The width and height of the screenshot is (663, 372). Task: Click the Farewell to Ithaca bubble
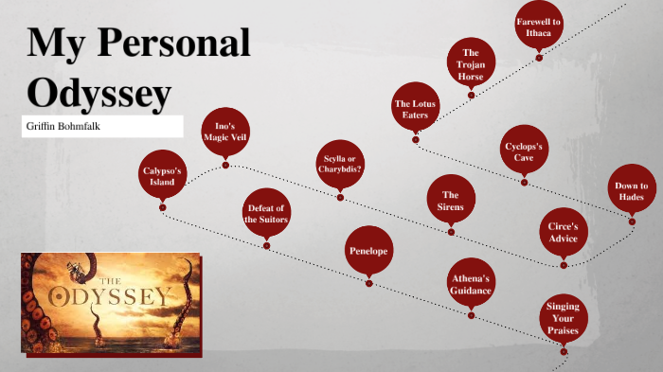538,27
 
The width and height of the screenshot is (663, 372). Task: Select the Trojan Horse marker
471,64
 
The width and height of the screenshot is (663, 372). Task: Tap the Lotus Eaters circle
415,109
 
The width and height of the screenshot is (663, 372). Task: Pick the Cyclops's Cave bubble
524,151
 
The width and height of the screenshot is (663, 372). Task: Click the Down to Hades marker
631,192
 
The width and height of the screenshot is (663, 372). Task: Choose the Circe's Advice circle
563,232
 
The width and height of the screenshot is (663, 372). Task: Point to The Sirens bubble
450,200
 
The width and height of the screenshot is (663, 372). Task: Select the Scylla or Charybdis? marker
340,164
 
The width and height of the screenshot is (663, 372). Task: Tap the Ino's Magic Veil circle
224,133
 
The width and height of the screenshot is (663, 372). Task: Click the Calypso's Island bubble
162,175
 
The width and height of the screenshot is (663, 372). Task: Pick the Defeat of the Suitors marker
266,213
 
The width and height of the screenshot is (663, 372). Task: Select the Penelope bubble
368,251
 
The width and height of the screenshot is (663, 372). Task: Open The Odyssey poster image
110,304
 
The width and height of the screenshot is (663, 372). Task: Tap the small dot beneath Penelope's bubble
368,283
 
